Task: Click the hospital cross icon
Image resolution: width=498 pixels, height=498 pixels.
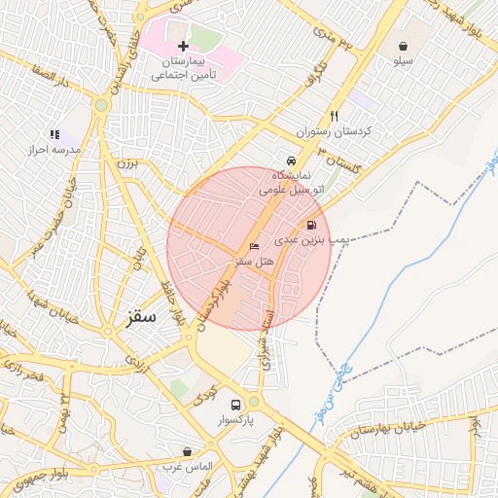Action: (183, 46)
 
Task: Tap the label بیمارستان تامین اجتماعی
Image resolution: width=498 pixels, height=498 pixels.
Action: (183, 67)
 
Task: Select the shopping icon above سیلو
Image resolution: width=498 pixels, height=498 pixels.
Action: (403, 46)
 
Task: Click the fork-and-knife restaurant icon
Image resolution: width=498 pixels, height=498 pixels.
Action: (335, 113)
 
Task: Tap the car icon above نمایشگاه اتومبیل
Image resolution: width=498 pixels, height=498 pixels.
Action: (291, 160)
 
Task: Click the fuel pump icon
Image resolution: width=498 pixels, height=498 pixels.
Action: (310, 224)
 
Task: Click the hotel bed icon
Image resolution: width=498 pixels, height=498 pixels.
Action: (255, 246)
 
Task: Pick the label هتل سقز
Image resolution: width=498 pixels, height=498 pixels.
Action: (257, 262)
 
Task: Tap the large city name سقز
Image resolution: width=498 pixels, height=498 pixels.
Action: (142, 317)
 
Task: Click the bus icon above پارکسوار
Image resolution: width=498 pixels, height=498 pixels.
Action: (234, 405)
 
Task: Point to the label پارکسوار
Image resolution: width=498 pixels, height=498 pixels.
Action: (235, 421)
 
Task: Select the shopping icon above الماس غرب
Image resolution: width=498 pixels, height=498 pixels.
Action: (187, 452)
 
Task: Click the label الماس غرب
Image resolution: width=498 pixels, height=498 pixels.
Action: (187, 468)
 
